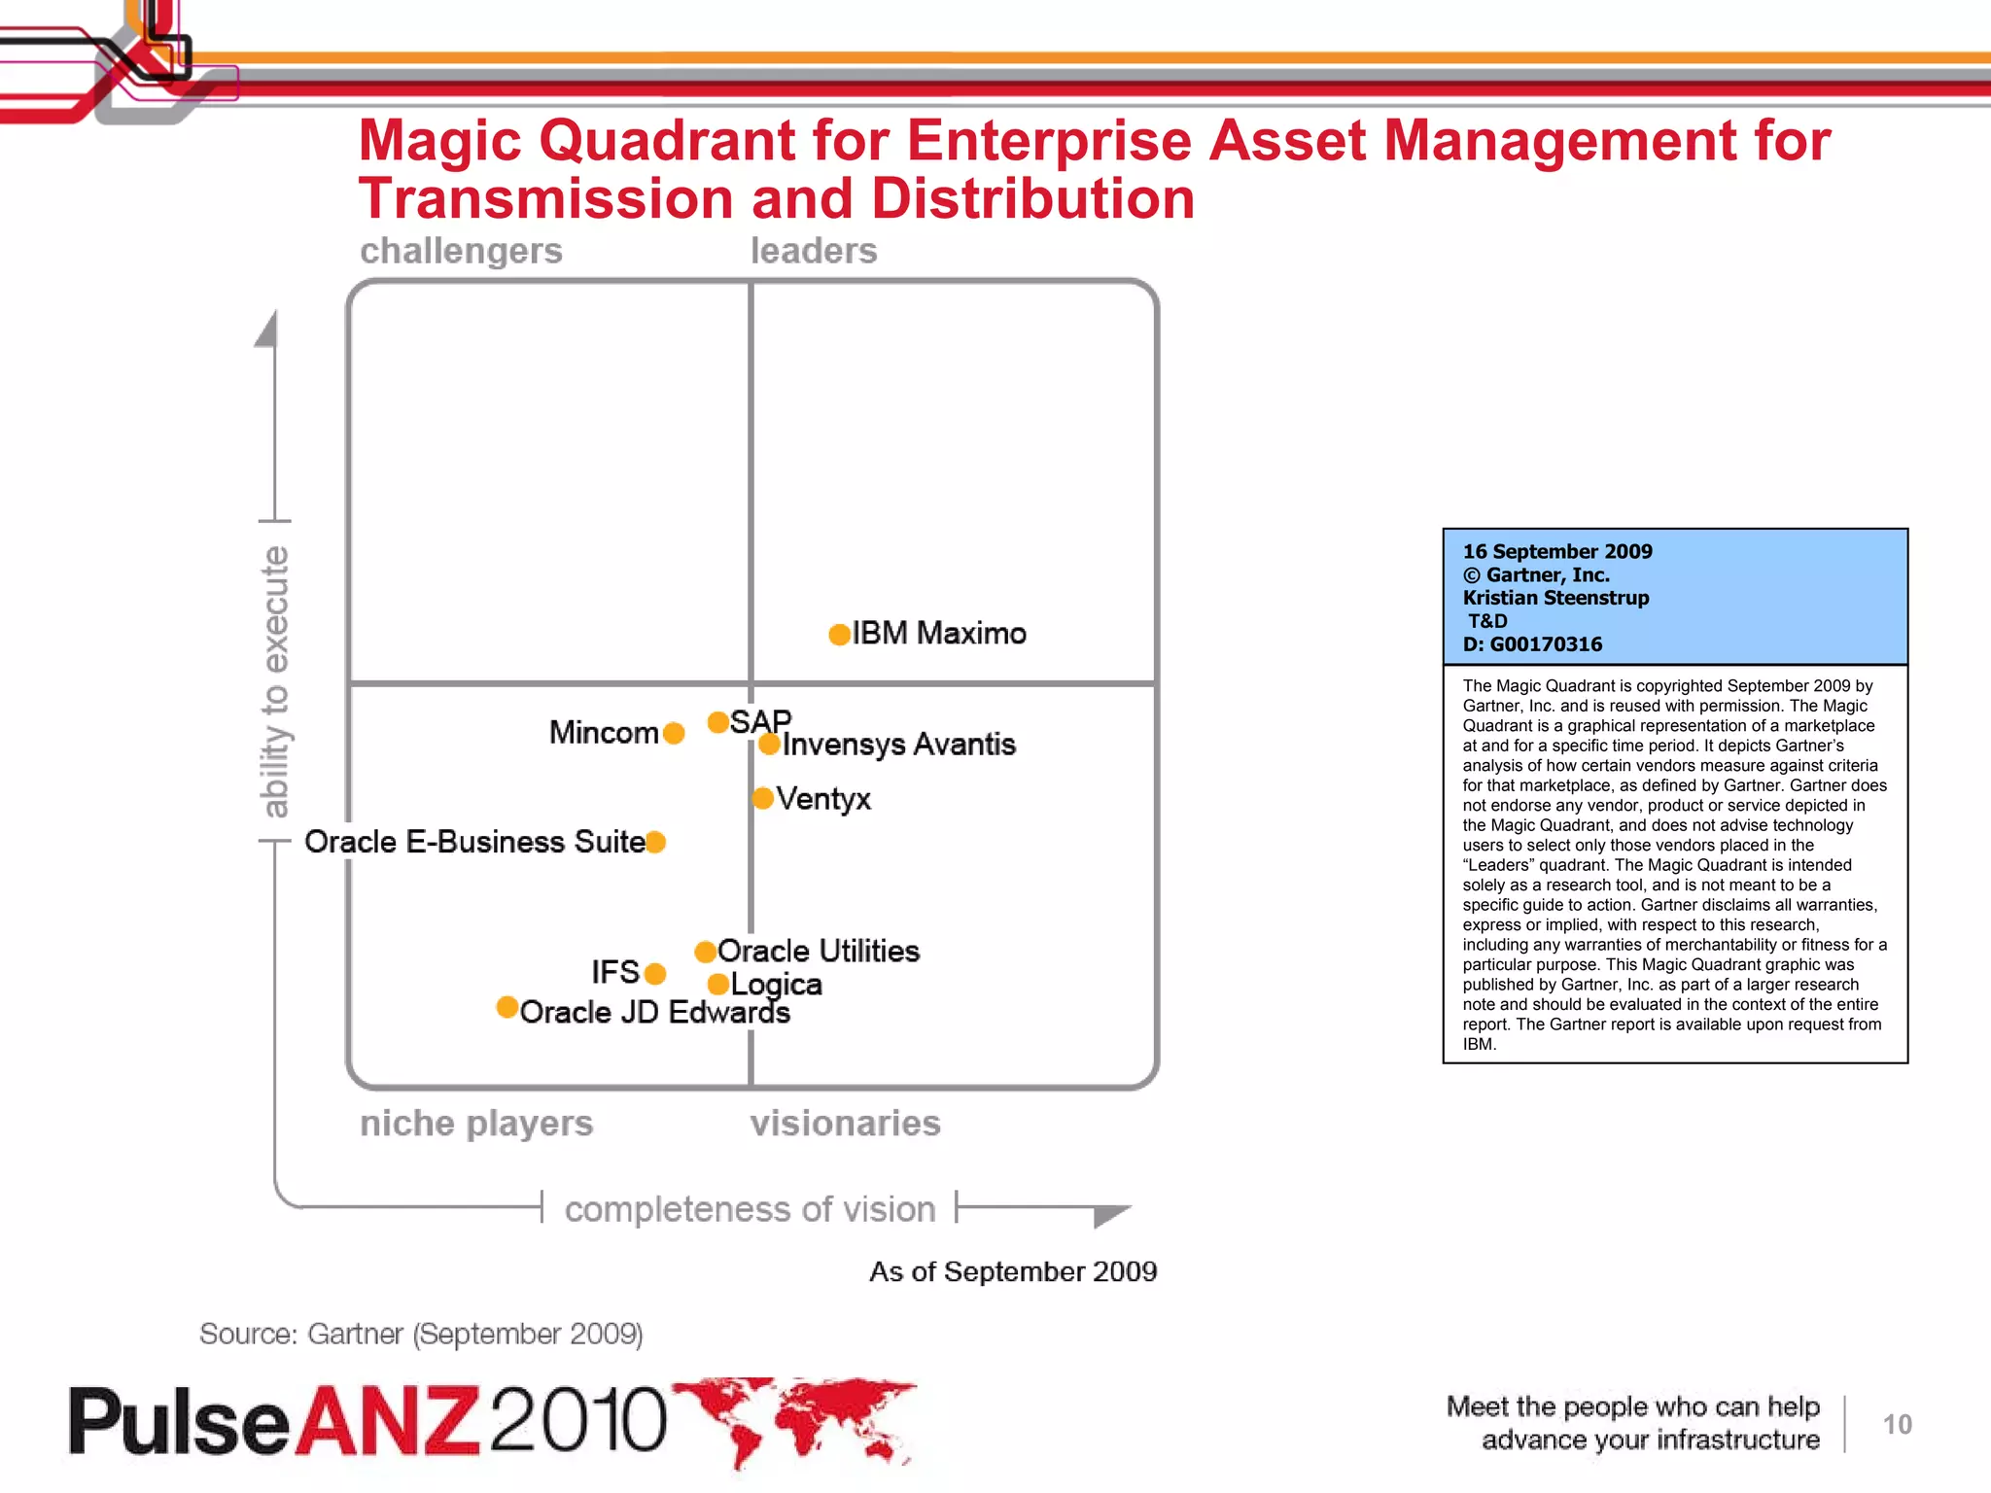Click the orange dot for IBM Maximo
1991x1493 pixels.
click(x=839, y=635)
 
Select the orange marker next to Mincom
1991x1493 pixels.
click(x=673, y=733)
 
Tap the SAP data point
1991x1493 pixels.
click(x=718, y=722)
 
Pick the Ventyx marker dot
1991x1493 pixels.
click(x=763, y=799)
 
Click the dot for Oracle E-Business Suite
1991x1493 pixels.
click(x=655, y=842)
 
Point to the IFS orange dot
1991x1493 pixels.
click(x=655, y=973)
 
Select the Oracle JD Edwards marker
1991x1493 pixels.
click(x=506, y=1007)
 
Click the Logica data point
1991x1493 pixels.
click(x=718, y=985)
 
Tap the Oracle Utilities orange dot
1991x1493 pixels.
click(x=706, y=952)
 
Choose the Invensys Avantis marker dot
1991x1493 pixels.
click(x=769, y=745)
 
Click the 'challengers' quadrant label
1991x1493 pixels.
click(x=461, y=251)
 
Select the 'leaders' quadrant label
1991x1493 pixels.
click(x=814, y=251)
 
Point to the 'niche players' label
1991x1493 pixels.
click(x=476, y=1124)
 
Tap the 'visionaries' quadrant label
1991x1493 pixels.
click(x=845, y=1124)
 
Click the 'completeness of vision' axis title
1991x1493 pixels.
click(x=750, y=1209)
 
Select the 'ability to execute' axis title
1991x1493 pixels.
click(x=275, y=680)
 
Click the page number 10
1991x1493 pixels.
click(x=1897, y=1425)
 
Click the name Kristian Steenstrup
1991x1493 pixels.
click(x=1555, y=598)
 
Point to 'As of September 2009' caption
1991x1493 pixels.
click(x=1013, y=1271)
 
